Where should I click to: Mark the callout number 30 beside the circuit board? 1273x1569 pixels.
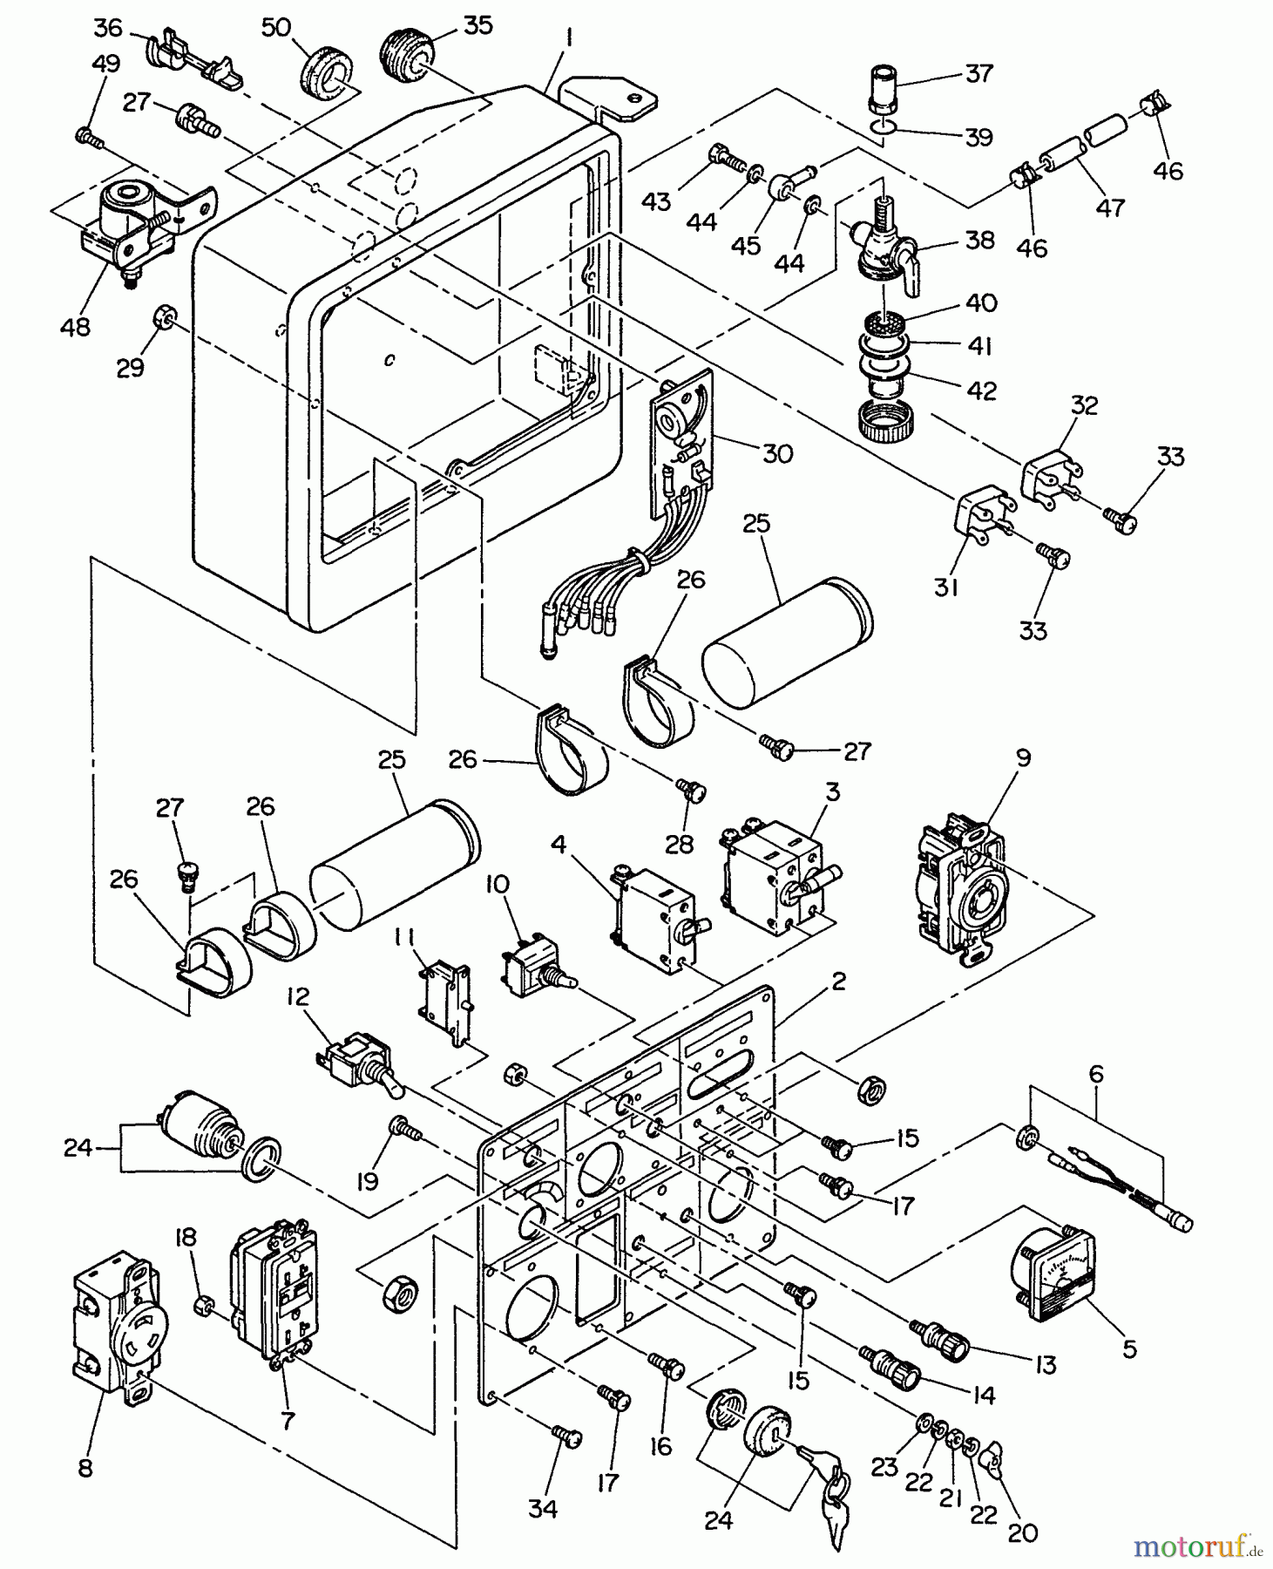click(777, 453)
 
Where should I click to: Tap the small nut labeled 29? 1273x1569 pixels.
click(162, 317)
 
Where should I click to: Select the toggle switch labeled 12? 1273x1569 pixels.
click(359, 1056)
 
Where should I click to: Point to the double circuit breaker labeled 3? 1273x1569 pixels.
click(774, 875)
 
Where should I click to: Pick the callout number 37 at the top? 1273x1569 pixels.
click(979, 73)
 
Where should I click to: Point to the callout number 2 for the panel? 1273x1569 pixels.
click(838, 981)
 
